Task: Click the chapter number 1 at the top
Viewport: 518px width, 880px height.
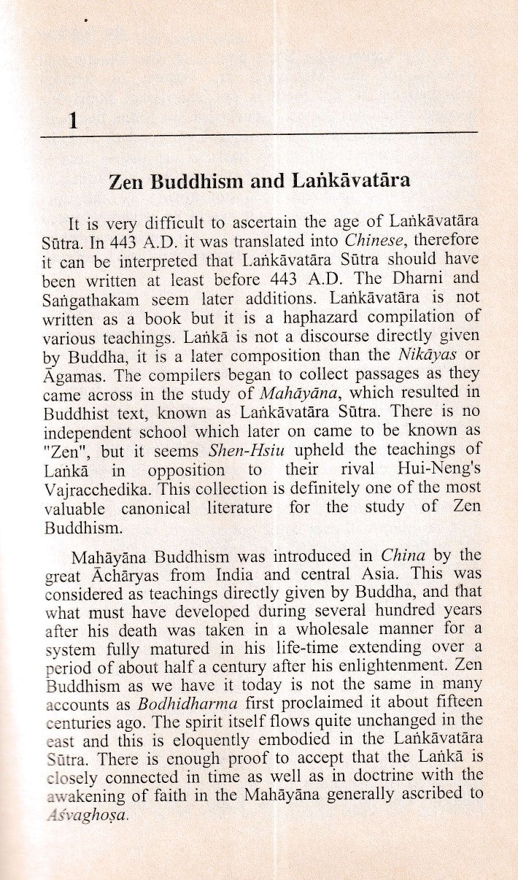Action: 71,121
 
